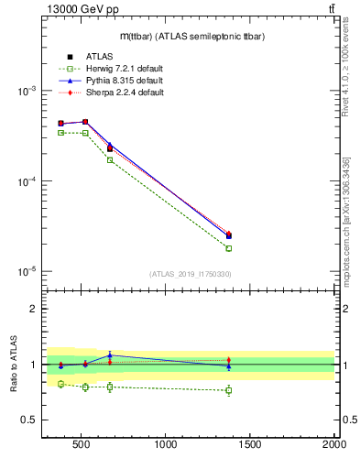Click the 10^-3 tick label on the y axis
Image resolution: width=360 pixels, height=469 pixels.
(26, 92)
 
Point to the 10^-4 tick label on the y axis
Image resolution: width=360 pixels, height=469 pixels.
(26, 181)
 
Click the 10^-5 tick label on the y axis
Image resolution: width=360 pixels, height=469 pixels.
(26, 271)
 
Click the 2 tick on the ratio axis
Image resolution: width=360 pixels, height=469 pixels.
(33, 309)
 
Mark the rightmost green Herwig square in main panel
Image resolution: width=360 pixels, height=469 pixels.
(229, 248)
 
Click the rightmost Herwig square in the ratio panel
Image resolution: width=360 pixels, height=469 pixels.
(229, 390)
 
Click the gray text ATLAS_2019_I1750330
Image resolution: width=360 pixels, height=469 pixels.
(191, 274)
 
